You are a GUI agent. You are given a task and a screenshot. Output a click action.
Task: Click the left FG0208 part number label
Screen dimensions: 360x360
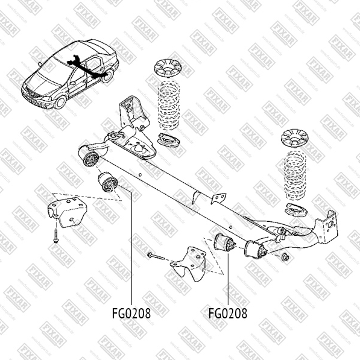point(131,314)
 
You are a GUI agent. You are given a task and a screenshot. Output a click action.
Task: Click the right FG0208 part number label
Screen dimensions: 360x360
point(228,314)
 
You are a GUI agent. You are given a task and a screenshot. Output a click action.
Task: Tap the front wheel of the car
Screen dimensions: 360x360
point(60,103)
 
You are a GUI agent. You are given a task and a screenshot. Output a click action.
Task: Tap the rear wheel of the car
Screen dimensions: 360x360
point(107,76)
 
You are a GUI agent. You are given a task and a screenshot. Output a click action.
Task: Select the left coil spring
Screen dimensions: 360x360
point(169,105)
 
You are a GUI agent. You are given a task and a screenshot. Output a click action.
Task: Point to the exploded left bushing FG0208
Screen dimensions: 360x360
point(107,182)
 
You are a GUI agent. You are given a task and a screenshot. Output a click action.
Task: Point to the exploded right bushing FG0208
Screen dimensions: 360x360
point(224,244)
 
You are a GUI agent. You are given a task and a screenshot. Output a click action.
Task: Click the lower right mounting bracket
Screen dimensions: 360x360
point(188,264)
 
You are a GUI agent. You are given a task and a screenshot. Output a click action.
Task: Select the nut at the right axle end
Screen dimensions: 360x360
point(285,256)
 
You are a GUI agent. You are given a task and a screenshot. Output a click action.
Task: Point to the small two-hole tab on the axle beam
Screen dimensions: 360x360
point(218,198)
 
